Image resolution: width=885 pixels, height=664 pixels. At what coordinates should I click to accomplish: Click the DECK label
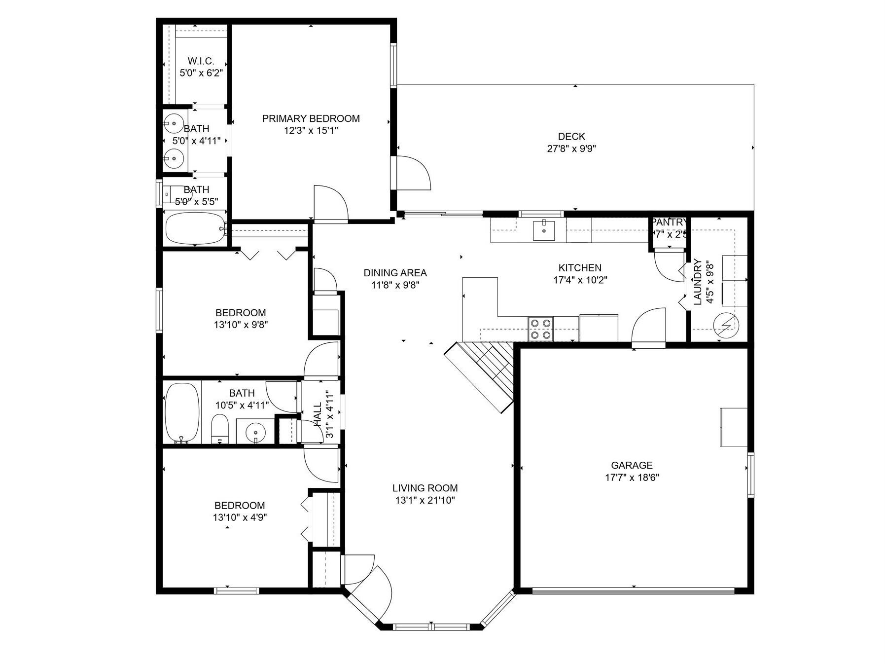[571, 137]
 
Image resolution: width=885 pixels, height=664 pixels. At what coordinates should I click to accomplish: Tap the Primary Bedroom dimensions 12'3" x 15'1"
[311, 131]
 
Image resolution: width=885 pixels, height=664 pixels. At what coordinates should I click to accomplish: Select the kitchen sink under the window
[543, 230]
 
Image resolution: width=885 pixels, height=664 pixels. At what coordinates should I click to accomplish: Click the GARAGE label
[632, 465]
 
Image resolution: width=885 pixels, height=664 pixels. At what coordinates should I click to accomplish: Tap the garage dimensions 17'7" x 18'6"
[632, 478]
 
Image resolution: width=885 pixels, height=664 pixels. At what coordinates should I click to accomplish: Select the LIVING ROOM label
[425, 488]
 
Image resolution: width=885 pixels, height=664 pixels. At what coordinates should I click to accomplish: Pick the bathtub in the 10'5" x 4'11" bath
[182, 413]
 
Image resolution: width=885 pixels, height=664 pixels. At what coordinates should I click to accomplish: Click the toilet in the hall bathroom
[220, 428]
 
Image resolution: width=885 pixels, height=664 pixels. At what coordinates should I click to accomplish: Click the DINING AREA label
[395, 273]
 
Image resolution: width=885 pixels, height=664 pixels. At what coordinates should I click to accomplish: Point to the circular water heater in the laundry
[726, 324]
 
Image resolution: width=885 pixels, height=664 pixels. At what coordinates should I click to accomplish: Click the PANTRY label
[669, 222]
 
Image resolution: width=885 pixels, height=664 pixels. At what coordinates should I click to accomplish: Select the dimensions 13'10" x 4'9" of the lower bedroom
[240, 517]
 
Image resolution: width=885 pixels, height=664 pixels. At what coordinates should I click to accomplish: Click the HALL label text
[318, 414]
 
